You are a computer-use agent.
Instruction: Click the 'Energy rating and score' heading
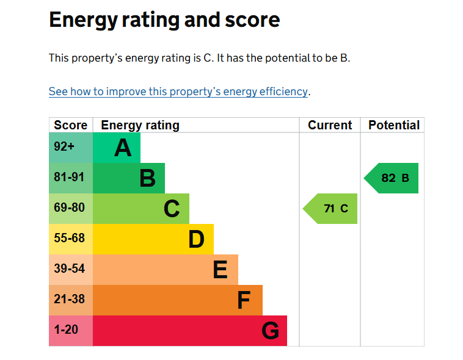(x=164, y=20)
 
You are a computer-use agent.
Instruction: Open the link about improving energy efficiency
(x=178, y=92)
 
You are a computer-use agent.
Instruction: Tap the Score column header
(x=71, y=125)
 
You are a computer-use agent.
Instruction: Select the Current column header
(x=330, y=125)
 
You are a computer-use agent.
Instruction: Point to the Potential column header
(x=394, y=125)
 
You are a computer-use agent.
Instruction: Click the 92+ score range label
(x=64, y=146)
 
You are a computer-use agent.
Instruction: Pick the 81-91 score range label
(x=69, y=177)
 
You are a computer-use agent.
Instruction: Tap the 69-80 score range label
(x=69, y=207)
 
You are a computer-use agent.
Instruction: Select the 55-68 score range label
(x=69, y=238)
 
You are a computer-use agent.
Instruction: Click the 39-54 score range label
(x=69, y=268)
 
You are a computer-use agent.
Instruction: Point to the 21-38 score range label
(x=69, y=299)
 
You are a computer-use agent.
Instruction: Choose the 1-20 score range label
(x=66, y=329)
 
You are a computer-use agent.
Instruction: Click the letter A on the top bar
(x=123, y=148)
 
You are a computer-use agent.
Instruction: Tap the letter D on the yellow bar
(x=196, y=239)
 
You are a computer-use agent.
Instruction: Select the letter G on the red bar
(x=270, y=331)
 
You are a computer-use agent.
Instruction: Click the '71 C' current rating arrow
(x=330, y=209)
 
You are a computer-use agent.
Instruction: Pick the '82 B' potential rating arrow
(x=391, y=178)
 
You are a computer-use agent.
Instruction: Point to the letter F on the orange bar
(x=244, y=300)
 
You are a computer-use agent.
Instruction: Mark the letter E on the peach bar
(x=221, y=270)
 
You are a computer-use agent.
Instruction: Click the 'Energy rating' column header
(x=140, y=126)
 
